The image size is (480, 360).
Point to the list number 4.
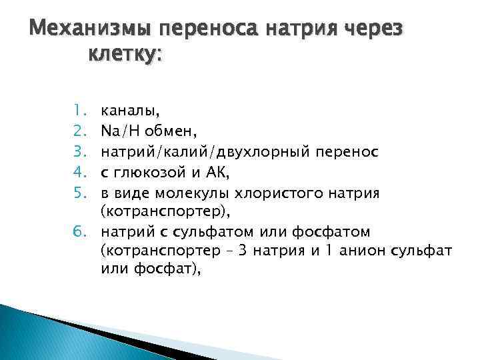(76, 174)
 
